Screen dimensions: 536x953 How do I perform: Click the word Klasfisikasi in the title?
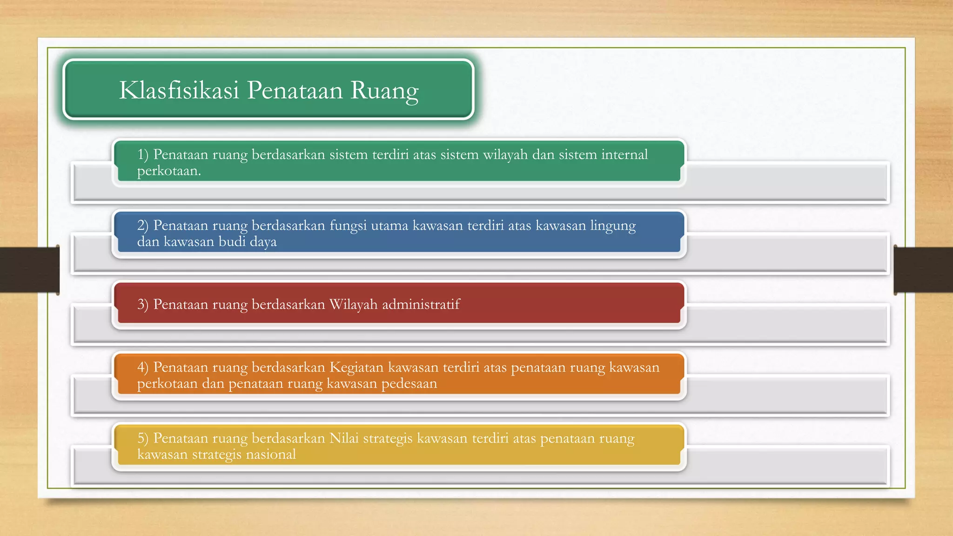coord(179,90)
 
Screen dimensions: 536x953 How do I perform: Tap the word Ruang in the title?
coord(384,91)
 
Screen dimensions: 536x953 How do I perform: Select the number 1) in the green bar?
coord(143,154)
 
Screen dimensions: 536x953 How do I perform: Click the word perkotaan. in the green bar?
coord(169,172)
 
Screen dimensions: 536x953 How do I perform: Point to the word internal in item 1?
coord(624,154)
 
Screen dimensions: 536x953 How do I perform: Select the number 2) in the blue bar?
coord(143,226)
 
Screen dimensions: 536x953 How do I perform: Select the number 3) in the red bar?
coord(143,304)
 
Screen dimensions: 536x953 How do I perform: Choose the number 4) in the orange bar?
coord(143,368)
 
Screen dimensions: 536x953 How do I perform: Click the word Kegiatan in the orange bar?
coord(356,368)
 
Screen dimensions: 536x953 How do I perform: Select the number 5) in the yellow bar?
coord(143,438)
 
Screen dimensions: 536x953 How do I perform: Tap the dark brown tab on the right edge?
coord(923,270)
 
